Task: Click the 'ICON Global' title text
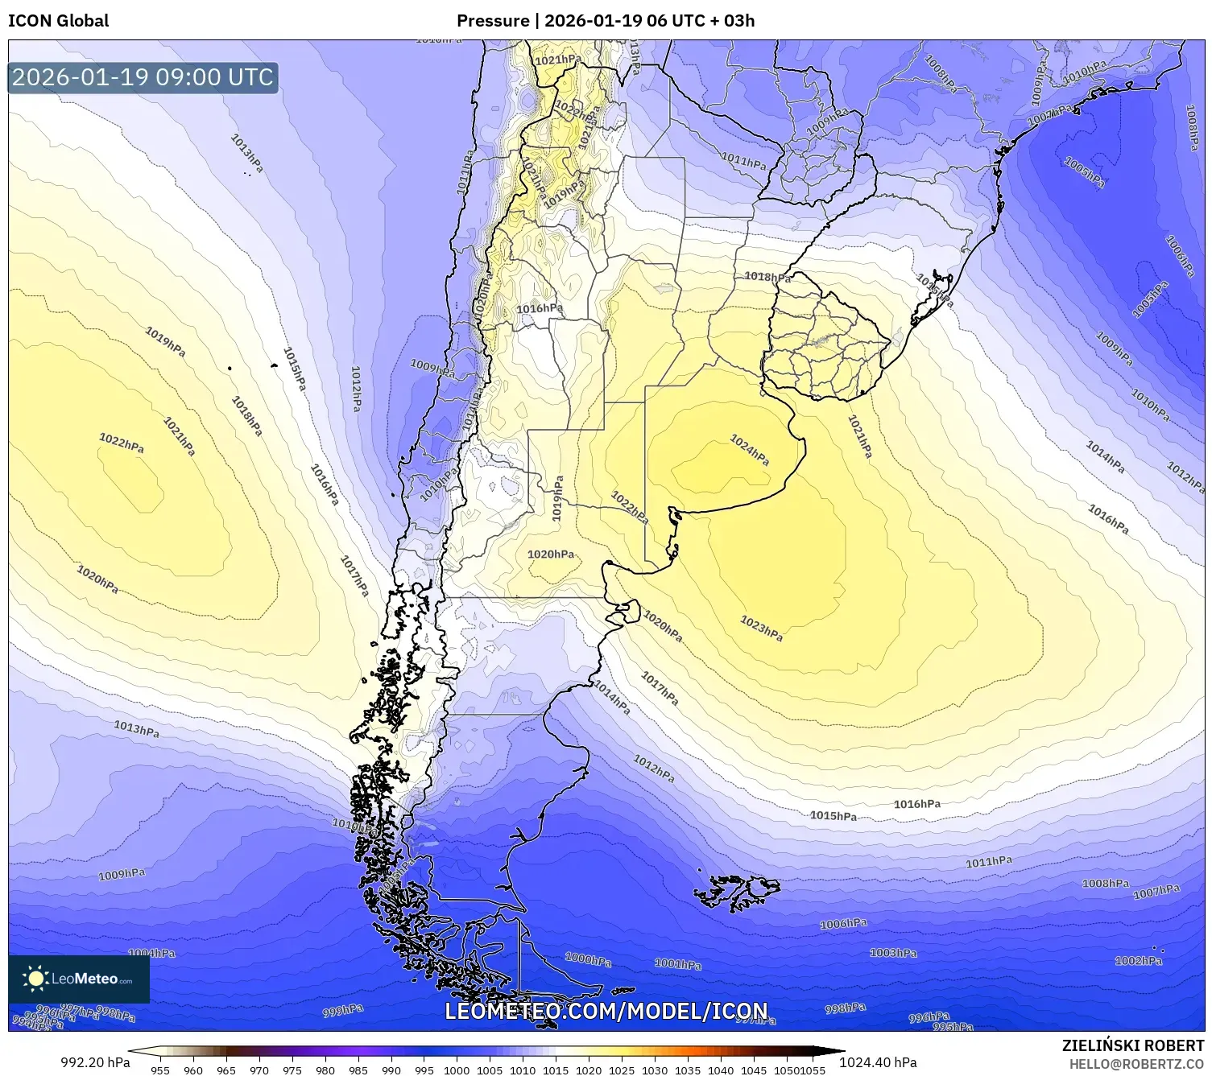[58, 21]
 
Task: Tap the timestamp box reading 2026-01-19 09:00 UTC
[143, 77]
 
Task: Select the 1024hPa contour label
[750, 450]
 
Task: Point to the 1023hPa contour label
[761, 629]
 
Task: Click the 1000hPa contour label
[588, 959]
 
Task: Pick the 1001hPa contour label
[677, 963]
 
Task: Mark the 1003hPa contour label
[893, 953]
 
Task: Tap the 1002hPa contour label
[1138, 960]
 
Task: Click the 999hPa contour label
[343, 1011]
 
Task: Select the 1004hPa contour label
[151, 953]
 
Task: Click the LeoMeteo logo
[79, 979]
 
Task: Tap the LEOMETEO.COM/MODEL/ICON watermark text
[606, 1011]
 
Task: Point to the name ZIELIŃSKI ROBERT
[1133, 1045]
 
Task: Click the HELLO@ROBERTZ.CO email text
[1136, 1064]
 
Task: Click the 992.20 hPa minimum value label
[95, 1062]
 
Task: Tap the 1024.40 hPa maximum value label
[878, 1062]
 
